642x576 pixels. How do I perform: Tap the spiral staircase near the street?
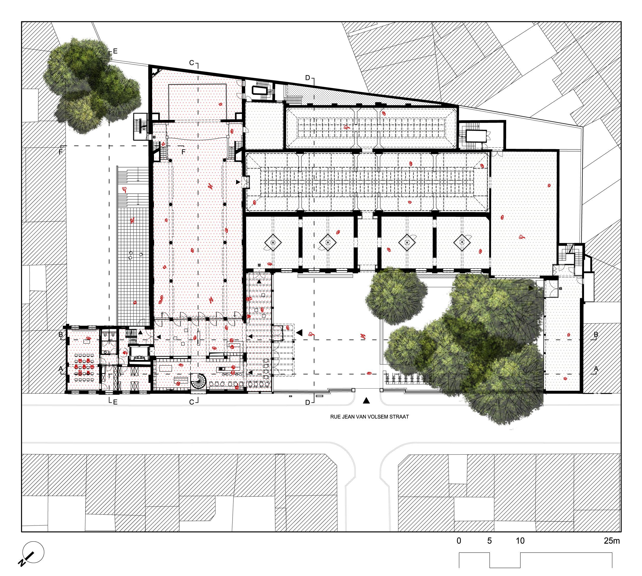198,381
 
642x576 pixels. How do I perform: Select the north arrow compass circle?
33,552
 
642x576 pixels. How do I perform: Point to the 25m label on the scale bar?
611,541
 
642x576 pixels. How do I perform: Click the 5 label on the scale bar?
489,541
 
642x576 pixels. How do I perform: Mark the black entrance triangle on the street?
366,401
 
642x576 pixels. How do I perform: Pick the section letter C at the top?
191,63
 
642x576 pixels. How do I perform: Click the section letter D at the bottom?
307,403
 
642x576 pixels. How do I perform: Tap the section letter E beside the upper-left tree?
115,51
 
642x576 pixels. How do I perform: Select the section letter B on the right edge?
596,334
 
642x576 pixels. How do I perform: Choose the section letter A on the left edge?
61,369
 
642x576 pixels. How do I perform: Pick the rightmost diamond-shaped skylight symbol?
462,242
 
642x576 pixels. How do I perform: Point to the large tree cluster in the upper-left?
92,85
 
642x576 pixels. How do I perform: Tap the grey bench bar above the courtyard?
325,276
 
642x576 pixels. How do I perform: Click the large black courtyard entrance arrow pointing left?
299,333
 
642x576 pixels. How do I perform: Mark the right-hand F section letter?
183,152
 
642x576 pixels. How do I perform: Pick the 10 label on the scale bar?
520,541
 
